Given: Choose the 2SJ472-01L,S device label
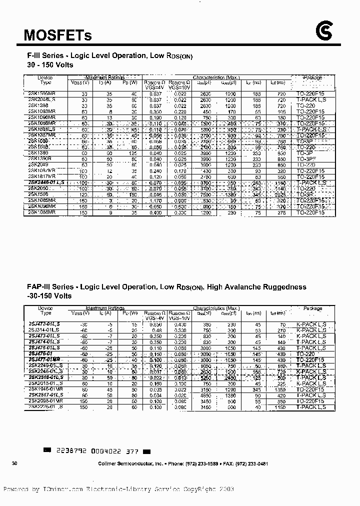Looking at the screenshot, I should [x=43, y=324].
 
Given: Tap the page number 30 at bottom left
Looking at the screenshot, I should [x=14, y=464].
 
